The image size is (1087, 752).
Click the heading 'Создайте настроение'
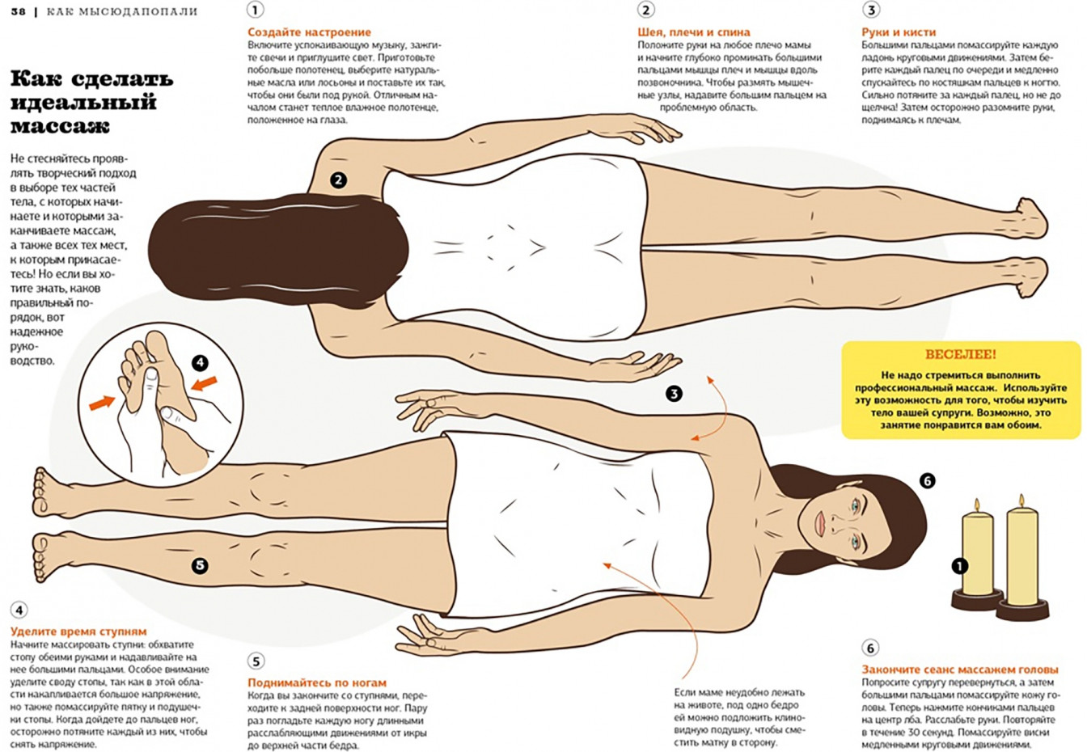pos(309,32)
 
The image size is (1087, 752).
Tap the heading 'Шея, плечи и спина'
pos(693,32)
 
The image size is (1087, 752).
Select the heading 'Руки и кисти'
pos(899,32)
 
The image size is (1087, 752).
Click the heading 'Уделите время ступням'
pos(78,632)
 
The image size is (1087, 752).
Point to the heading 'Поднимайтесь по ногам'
pos(317,682)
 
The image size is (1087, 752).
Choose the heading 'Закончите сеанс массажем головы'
pos(960,670)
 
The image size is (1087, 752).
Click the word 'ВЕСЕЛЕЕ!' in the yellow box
pos(960,354)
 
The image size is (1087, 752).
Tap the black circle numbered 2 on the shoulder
pos(338,180)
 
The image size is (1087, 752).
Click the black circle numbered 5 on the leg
pos(200,565)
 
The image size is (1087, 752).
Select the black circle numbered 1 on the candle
pos(959,566)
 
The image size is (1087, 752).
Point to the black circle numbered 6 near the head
pos(927,481)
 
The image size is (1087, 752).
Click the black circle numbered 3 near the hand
pos(674,393)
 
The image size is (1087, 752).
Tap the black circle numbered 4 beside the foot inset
pos(200,362)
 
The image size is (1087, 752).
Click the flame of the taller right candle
pos(1021,501)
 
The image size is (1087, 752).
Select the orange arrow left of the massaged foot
pos(102,402)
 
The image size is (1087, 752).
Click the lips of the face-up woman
pos(820,524)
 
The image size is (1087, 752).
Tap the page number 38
pos(18,11)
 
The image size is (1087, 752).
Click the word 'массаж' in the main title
pos(60,127)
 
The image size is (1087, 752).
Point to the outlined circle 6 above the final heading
pos(870,648)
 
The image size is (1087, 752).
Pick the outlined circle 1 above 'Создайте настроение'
pos(256,10)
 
